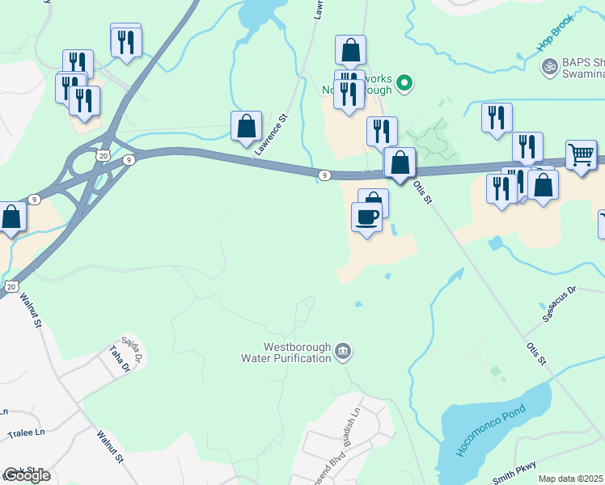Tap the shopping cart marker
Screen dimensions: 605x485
tap(581, 155)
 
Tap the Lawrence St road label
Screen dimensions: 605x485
tap(271, 134)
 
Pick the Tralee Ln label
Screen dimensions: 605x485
tap(26, 433)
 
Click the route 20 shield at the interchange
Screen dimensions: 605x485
tap(101, 154)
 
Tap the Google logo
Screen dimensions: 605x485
tap(27, 475)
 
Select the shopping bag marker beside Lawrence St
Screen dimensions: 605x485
tap(246, 127)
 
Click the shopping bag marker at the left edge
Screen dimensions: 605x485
tap(11, 217)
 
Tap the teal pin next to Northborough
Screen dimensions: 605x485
tap(407, 82)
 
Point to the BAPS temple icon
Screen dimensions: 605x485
tap(550, 65)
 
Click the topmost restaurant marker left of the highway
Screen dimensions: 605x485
tap(125, 40)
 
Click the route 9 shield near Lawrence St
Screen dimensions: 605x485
tap(324, 175)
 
